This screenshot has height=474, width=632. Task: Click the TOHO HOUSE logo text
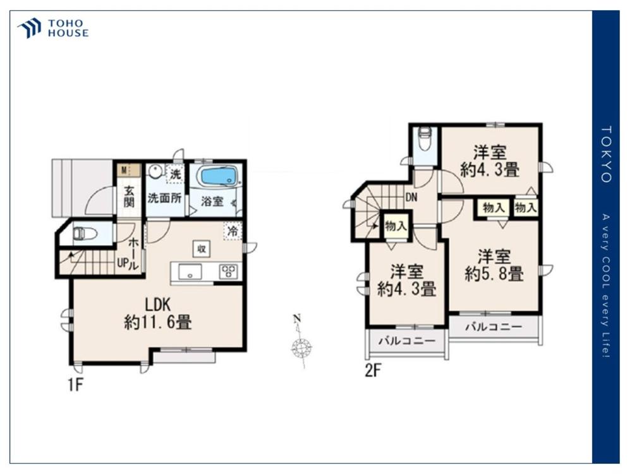pyautogui.click(x=68, y=28)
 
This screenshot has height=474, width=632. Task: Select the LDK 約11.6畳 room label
pyautogui.click(x=158, y=313)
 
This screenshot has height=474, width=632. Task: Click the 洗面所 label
pyautogui.click(x=164, y=198)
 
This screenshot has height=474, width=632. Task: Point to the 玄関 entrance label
pyautogui.click(x=129, y=197)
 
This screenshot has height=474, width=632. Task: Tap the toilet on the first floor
pyautogui.click(x=83, y=233)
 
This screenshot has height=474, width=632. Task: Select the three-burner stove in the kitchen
pyautogui.click(x=229, y=271)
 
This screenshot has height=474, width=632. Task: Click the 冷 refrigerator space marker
pyautogui.click(x=233, y=231)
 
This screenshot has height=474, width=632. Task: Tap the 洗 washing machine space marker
pyautogui.click(x=175, y=175)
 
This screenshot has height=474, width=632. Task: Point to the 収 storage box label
pyautogui.click(x=201, y=248)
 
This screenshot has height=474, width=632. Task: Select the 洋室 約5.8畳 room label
pyautogui.click(x=494, y=265)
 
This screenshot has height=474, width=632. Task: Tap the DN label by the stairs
pyautogui.click(x=411, y=197)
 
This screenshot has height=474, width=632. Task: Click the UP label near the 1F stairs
pyautogui.click(x=122, y=263)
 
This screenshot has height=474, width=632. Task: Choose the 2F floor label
pyautogui.click(x=373, y=370)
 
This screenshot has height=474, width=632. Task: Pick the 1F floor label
pyautogui.click(x=75, y=386)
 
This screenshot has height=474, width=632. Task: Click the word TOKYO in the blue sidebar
pyautogui.click(x=606, y=154)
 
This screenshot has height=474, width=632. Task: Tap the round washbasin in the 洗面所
pyautogui.click(x=154, y=172)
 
